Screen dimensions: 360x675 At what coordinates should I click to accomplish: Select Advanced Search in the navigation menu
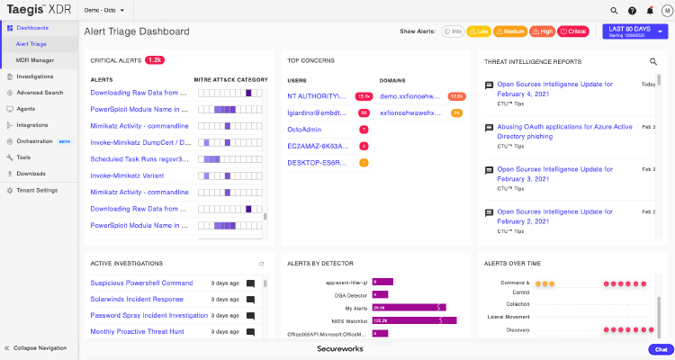click(x=40, y=92)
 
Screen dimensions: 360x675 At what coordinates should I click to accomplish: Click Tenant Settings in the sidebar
click(x=36, y=190)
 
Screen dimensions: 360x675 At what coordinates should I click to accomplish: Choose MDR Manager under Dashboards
click(x=34, y=59)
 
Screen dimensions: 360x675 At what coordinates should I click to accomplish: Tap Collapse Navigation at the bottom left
click(x=40, y=347)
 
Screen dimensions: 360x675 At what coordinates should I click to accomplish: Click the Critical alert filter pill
click(x=573, y=31)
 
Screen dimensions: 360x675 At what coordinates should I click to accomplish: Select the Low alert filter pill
click(x=478, y=31)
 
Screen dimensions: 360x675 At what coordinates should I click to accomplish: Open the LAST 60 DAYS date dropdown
click(x=636, y=31)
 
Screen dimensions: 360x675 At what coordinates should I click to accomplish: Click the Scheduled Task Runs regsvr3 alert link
click(x=139, y=159)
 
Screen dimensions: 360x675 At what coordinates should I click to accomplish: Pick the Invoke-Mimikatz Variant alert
click(x=128, y=175)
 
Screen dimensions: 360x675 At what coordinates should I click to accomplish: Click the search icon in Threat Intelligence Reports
click(x=653, y=61)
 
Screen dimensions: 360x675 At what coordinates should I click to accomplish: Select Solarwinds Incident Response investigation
click(x=136, y=299)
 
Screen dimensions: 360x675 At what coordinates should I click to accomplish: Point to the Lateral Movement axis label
click(x=508, y=316)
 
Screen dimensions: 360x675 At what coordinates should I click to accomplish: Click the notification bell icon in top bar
click(x=650, y=11)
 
